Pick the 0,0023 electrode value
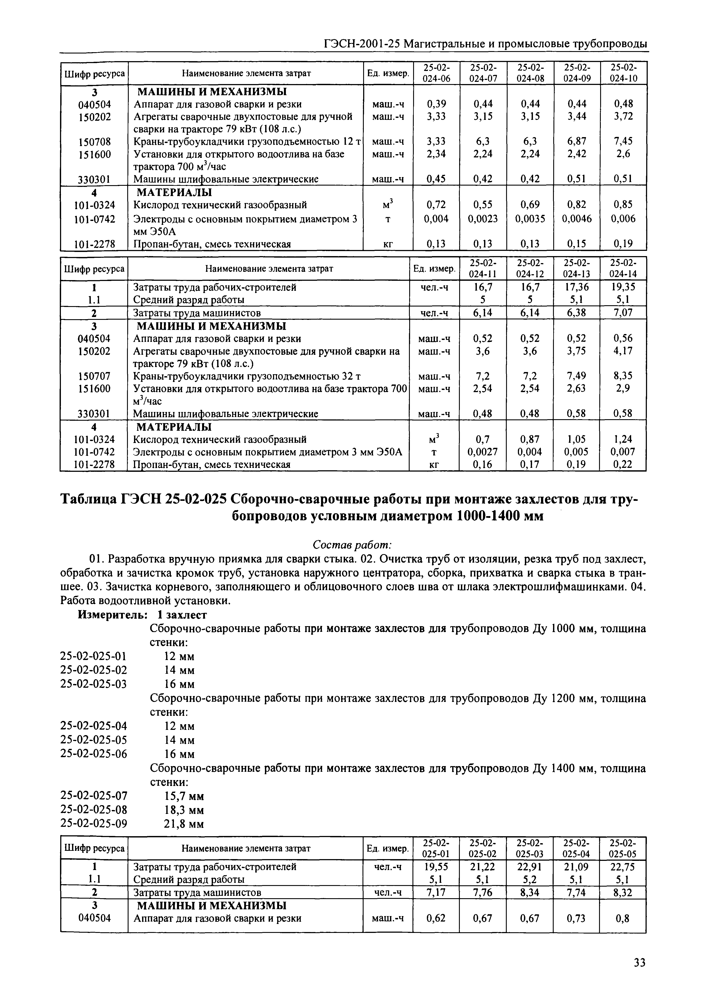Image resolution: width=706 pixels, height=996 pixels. (x=483, y=219)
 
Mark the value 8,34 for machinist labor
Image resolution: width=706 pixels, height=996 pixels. (x=529, y=893)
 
